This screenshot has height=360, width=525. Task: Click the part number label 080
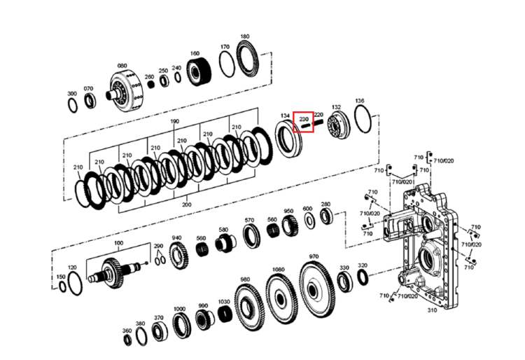[122, 66]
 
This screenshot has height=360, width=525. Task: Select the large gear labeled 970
[316, 290]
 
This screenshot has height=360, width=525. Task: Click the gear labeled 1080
[281, 298]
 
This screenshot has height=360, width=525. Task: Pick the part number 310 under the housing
[432, 310]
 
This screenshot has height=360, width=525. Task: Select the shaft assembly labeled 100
[116, 272]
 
